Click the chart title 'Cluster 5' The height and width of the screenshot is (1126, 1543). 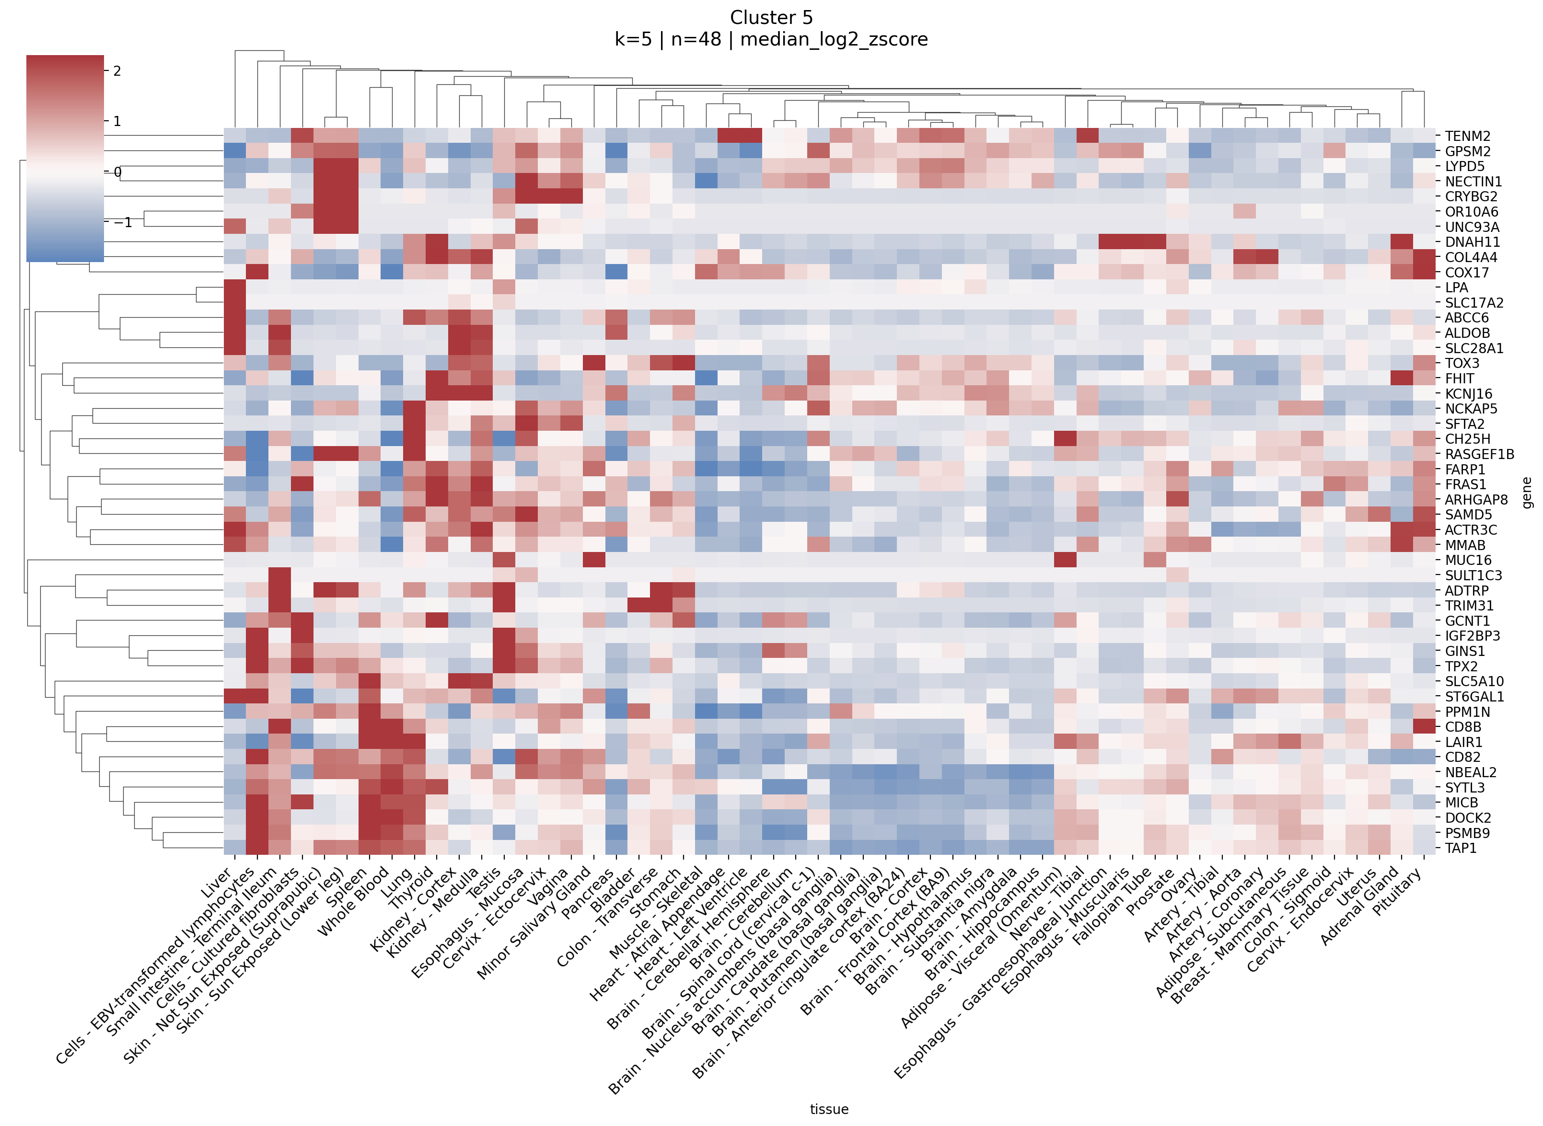(x=771, y=18)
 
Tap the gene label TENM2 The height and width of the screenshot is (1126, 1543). (x=1467, y=137)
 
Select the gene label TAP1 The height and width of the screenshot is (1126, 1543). (x=1461, y=849)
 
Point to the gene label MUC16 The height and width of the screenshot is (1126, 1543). (x=1468, y=560)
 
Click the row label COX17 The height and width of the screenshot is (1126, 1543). (x=1467, y=273)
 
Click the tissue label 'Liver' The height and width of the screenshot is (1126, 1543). (x=217, y=883)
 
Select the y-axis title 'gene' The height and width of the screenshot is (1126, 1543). (x=1527, y=492)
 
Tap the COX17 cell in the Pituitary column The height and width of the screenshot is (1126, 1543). (x=1424, y=273)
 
